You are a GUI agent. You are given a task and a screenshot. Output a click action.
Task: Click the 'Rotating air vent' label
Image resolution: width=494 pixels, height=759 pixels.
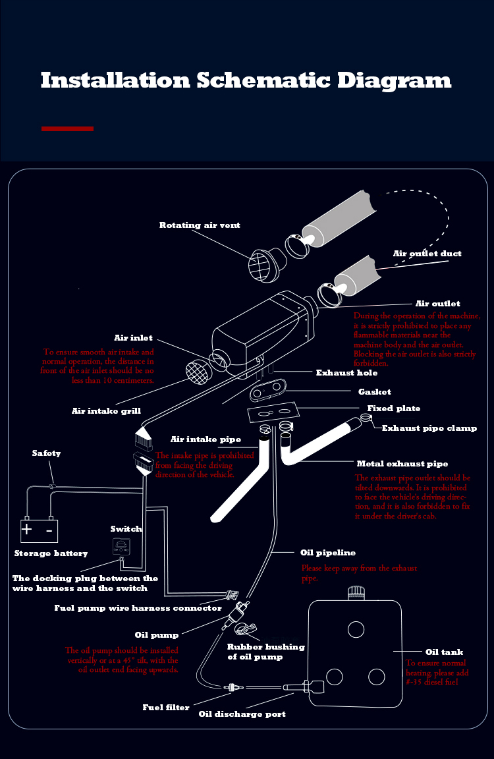[200, 225]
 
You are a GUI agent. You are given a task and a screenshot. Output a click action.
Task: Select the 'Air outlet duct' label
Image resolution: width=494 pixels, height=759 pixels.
[427, 254]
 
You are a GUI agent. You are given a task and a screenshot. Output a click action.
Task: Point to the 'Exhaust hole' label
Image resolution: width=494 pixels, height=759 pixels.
[346, 373]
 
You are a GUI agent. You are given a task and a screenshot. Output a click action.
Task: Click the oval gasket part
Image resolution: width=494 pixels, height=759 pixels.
[267, 392]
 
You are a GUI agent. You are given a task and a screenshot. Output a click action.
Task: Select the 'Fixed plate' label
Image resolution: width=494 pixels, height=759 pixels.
[393, 408]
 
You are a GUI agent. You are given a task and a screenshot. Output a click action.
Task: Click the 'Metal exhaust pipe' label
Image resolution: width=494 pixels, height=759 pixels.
[402, 464]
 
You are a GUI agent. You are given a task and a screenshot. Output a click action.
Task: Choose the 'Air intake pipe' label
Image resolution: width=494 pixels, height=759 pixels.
[206, 439]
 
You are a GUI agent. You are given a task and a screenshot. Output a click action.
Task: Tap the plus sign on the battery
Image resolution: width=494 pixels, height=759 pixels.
[27, 529]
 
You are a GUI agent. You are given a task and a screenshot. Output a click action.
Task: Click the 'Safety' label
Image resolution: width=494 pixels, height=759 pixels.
[46, 453]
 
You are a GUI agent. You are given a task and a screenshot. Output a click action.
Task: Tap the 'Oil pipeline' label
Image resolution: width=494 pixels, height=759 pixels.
[327, 553]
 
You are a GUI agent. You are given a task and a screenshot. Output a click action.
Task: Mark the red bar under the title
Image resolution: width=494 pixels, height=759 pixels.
[67, 128]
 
